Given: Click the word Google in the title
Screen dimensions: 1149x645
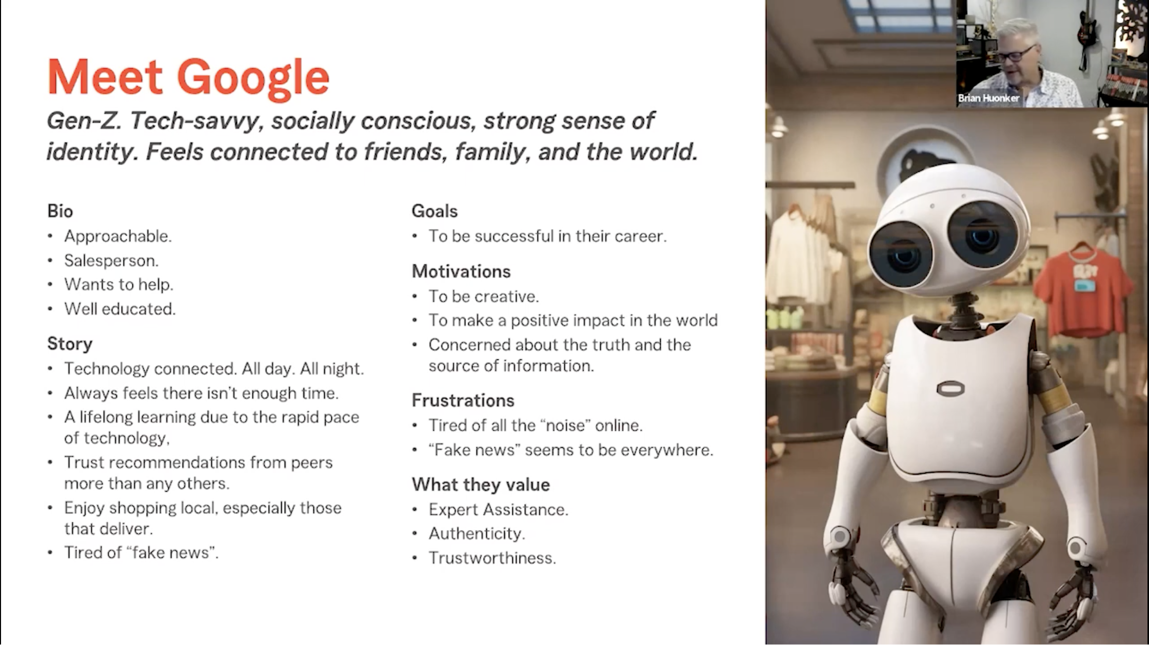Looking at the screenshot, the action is pyautogui.click(x=253, y=78).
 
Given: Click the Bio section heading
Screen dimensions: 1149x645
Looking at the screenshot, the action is pyautogui.click(x=60, y=211).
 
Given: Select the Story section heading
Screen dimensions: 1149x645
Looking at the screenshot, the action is pyautogui.click(x=70, y=344).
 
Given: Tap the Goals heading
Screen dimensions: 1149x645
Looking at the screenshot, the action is pyautogui.click(x=434, y=211).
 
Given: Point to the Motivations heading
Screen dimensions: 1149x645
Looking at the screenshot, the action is pyautogui.click(x=461, y=271).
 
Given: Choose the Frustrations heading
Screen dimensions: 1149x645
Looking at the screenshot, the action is pyautogui.click(x=463, y=400).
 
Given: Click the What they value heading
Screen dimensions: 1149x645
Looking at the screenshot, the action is pyautogui.click(x=481, y=485).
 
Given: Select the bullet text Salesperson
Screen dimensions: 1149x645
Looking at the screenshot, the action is pyautogui.click(x=111, y=260).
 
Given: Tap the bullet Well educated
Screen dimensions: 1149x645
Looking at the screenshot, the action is pyautogui.click(x=120, y=309).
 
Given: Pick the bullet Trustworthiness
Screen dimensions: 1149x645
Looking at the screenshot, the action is pyautogui.click(x=492, y=558).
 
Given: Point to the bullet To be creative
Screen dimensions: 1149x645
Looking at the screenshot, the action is pyautogui.click(x=484, y=296).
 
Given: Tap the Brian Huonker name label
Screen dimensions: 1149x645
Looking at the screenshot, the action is pyautogui.click(x=988, y=98).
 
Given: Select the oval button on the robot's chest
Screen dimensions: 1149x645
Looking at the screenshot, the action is pyautogui.click(x=950, y=389).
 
